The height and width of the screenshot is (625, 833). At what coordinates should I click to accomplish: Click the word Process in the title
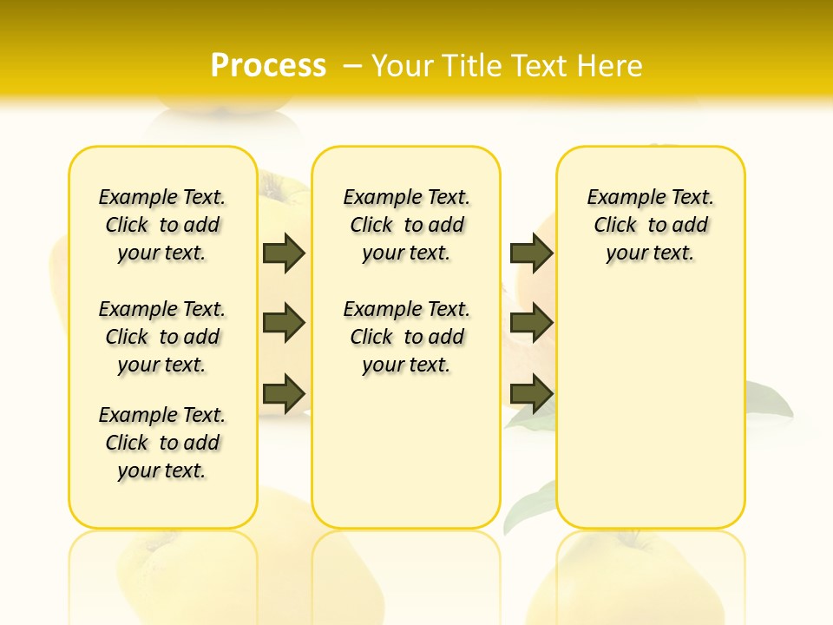[x=268, y=65]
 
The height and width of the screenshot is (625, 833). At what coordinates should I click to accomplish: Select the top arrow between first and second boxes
[x=284, y=253]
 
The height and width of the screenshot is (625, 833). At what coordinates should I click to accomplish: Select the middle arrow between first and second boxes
[x=284, y=323]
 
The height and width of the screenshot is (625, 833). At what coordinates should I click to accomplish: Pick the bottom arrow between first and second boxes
[x=284, y=393]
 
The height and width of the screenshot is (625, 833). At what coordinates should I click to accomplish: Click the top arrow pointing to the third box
[x=531, y=253]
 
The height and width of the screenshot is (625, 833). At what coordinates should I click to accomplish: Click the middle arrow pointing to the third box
[x=531, y=323]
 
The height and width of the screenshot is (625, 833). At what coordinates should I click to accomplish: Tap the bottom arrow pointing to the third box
[x=531, y=393]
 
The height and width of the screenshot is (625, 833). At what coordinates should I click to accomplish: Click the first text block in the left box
[x=162, y=225]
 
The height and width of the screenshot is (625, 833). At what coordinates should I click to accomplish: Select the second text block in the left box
[x=162, y=337]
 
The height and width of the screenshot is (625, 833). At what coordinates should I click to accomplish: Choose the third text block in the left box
[x=162, y=443]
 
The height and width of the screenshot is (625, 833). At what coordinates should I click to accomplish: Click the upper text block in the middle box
[x=406, y=225]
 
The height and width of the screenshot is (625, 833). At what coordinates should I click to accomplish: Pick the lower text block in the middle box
[x=406, y=337]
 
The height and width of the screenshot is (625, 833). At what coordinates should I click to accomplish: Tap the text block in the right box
[x=650, y=225]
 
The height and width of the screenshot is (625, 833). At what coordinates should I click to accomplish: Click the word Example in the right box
[x=620, y=198]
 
